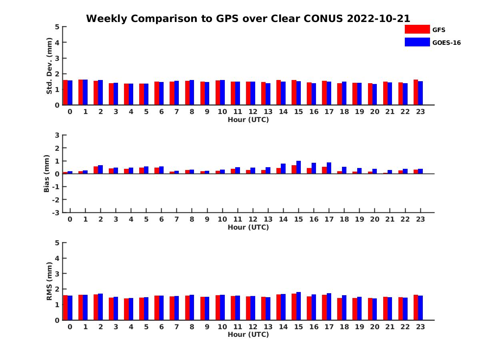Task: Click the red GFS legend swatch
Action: pyautogui.click(x=417, y=29)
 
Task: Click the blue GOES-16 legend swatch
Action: pyautogui.click(x=417, y=42)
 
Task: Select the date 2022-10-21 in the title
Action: pyautogui.click(x=378, y=18)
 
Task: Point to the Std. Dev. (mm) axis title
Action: pyautogui.click(x=49, y=66)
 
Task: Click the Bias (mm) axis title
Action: pyautogui.click(x=46, y=174)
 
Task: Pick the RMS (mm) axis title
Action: pyautogui.click(x=49, y=281)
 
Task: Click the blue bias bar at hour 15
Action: pyautogui.click(x=298, y=167)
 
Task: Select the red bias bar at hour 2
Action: pyautogui.click(x=96, y=170)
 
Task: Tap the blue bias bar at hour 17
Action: pyautogui.click(x=329, y=168)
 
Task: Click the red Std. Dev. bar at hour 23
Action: pyautogui.click(x=416, y=92)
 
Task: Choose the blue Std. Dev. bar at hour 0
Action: pyautogui.click(x=70, y=93)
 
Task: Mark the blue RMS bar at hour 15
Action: pyautogui.click(x=298, y=306)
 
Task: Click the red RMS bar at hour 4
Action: pyautogui.click(x=126, y=309)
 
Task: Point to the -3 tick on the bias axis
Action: pyautogui.click(x=56, y=213)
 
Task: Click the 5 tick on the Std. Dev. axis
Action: pyautogui.click(x=57, y=27)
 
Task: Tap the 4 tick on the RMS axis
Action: pyautogui.click(x=57, y=258)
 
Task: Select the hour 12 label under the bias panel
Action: pyautogui.click(x=253, y=219)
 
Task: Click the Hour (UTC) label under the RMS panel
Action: pyautogui.click(x=248, y=334)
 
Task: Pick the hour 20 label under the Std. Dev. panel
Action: pyautogui.click(x=374, y=112)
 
